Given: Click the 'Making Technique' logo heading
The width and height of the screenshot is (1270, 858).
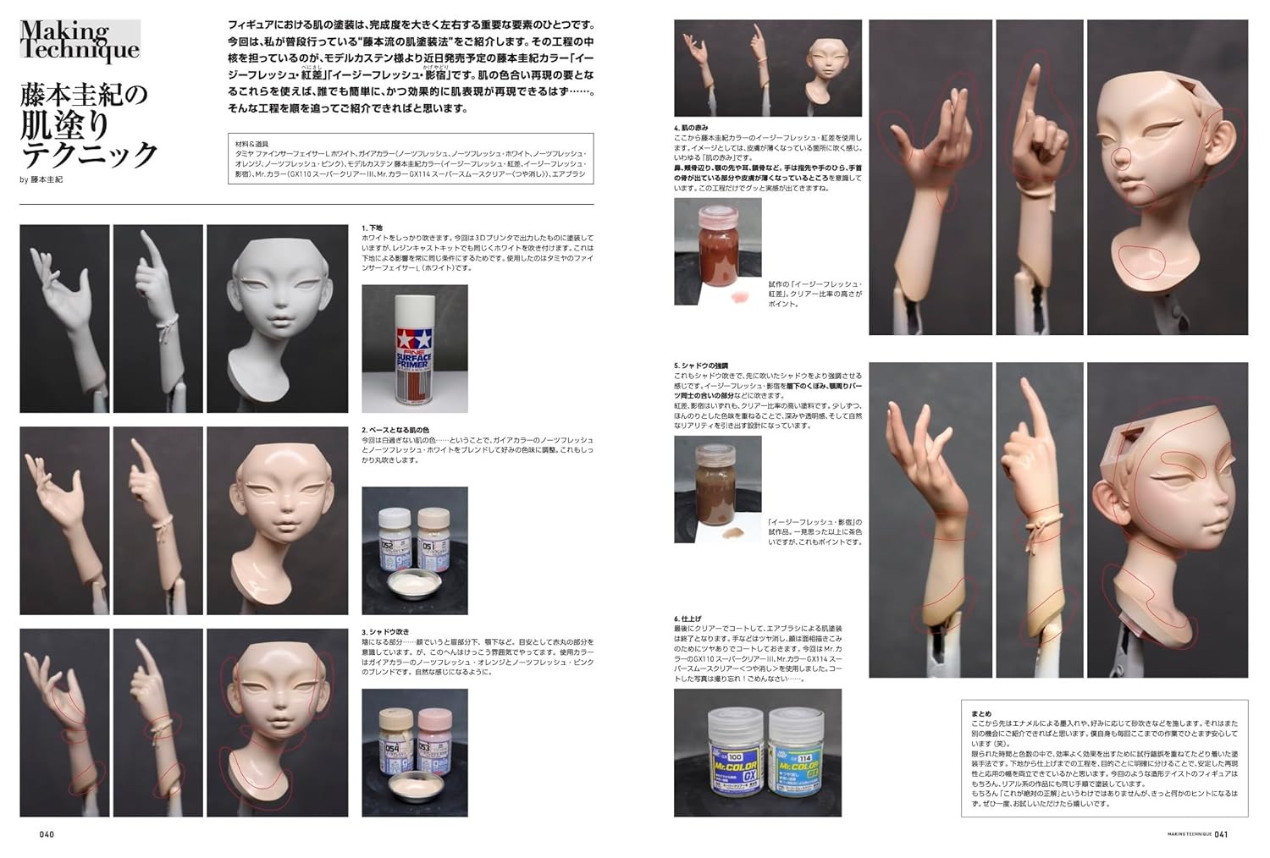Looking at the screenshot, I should [79, 41].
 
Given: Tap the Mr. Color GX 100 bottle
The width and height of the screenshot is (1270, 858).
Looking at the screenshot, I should [732, 754].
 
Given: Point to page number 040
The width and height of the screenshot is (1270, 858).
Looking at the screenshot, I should [47, 833].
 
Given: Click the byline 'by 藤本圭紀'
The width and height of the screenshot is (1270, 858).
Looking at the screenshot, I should [41, 179].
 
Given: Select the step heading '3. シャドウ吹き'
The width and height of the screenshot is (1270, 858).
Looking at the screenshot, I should [387, 632].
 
